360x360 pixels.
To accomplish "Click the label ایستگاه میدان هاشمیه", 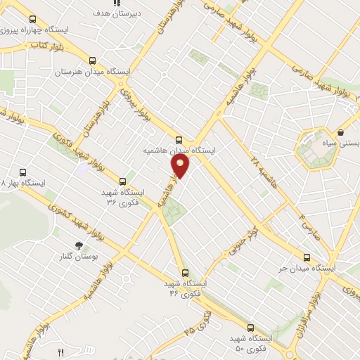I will pos(179,150).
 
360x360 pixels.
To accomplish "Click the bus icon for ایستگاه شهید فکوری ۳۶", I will pos(123,181).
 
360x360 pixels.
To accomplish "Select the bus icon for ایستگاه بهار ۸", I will pos(23,172).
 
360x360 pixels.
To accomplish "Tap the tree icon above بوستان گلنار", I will pos(79,245).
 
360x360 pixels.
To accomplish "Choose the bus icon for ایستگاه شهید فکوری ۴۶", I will pos(185,272).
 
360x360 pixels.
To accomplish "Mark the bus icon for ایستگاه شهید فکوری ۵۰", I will pos(251,327).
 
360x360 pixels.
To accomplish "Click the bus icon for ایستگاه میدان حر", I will pos(306,257).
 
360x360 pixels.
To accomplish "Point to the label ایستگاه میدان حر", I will pos(307,269).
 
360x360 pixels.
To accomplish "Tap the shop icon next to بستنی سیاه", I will pos(341,131).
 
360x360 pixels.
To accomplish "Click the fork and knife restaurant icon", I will pos(61,353).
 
